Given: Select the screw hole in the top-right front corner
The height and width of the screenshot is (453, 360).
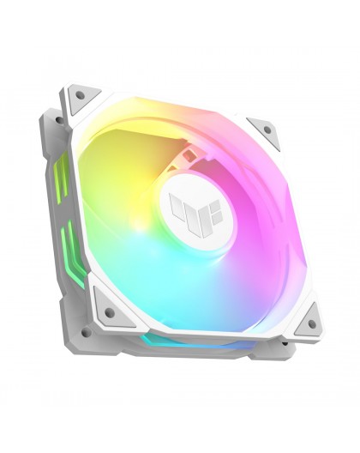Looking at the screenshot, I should (267, 130).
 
